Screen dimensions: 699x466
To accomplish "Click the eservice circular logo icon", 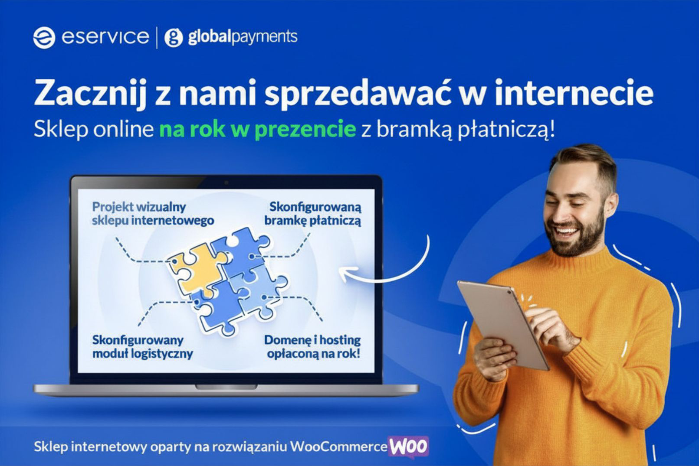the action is tap(44, 38).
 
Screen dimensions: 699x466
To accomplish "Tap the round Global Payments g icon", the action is tap(174, 38).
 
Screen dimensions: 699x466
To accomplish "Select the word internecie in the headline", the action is tap(574, 91).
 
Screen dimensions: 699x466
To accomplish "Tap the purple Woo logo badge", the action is tap(408, 447).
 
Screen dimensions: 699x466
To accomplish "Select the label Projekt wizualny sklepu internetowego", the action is tap(153, 214).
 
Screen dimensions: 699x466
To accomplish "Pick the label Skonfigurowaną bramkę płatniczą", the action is tap(313, 214).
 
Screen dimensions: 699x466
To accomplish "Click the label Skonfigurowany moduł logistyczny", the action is tap(143, 347).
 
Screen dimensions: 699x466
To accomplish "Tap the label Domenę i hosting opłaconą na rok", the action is tap(312, 347).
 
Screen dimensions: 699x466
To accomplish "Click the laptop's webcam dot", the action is tap(226, 182).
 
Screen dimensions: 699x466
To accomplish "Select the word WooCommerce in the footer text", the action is tap(339, 447).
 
